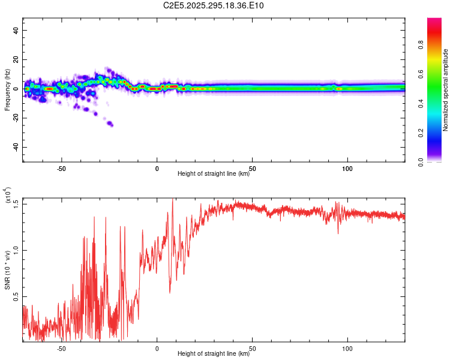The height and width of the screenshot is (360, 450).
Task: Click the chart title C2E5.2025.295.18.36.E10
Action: coord(214,6)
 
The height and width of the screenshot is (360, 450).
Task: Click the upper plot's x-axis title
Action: coord(214,173)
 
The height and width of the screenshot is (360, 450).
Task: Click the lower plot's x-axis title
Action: coord(214,353)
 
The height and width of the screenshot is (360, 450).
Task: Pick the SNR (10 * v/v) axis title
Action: coord(8,270)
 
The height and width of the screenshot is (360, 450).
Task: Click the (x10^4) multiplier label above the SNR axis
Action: coord(8,196)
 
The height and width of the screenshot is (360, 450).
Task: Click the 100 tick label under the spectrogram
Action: coord(347,169)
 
